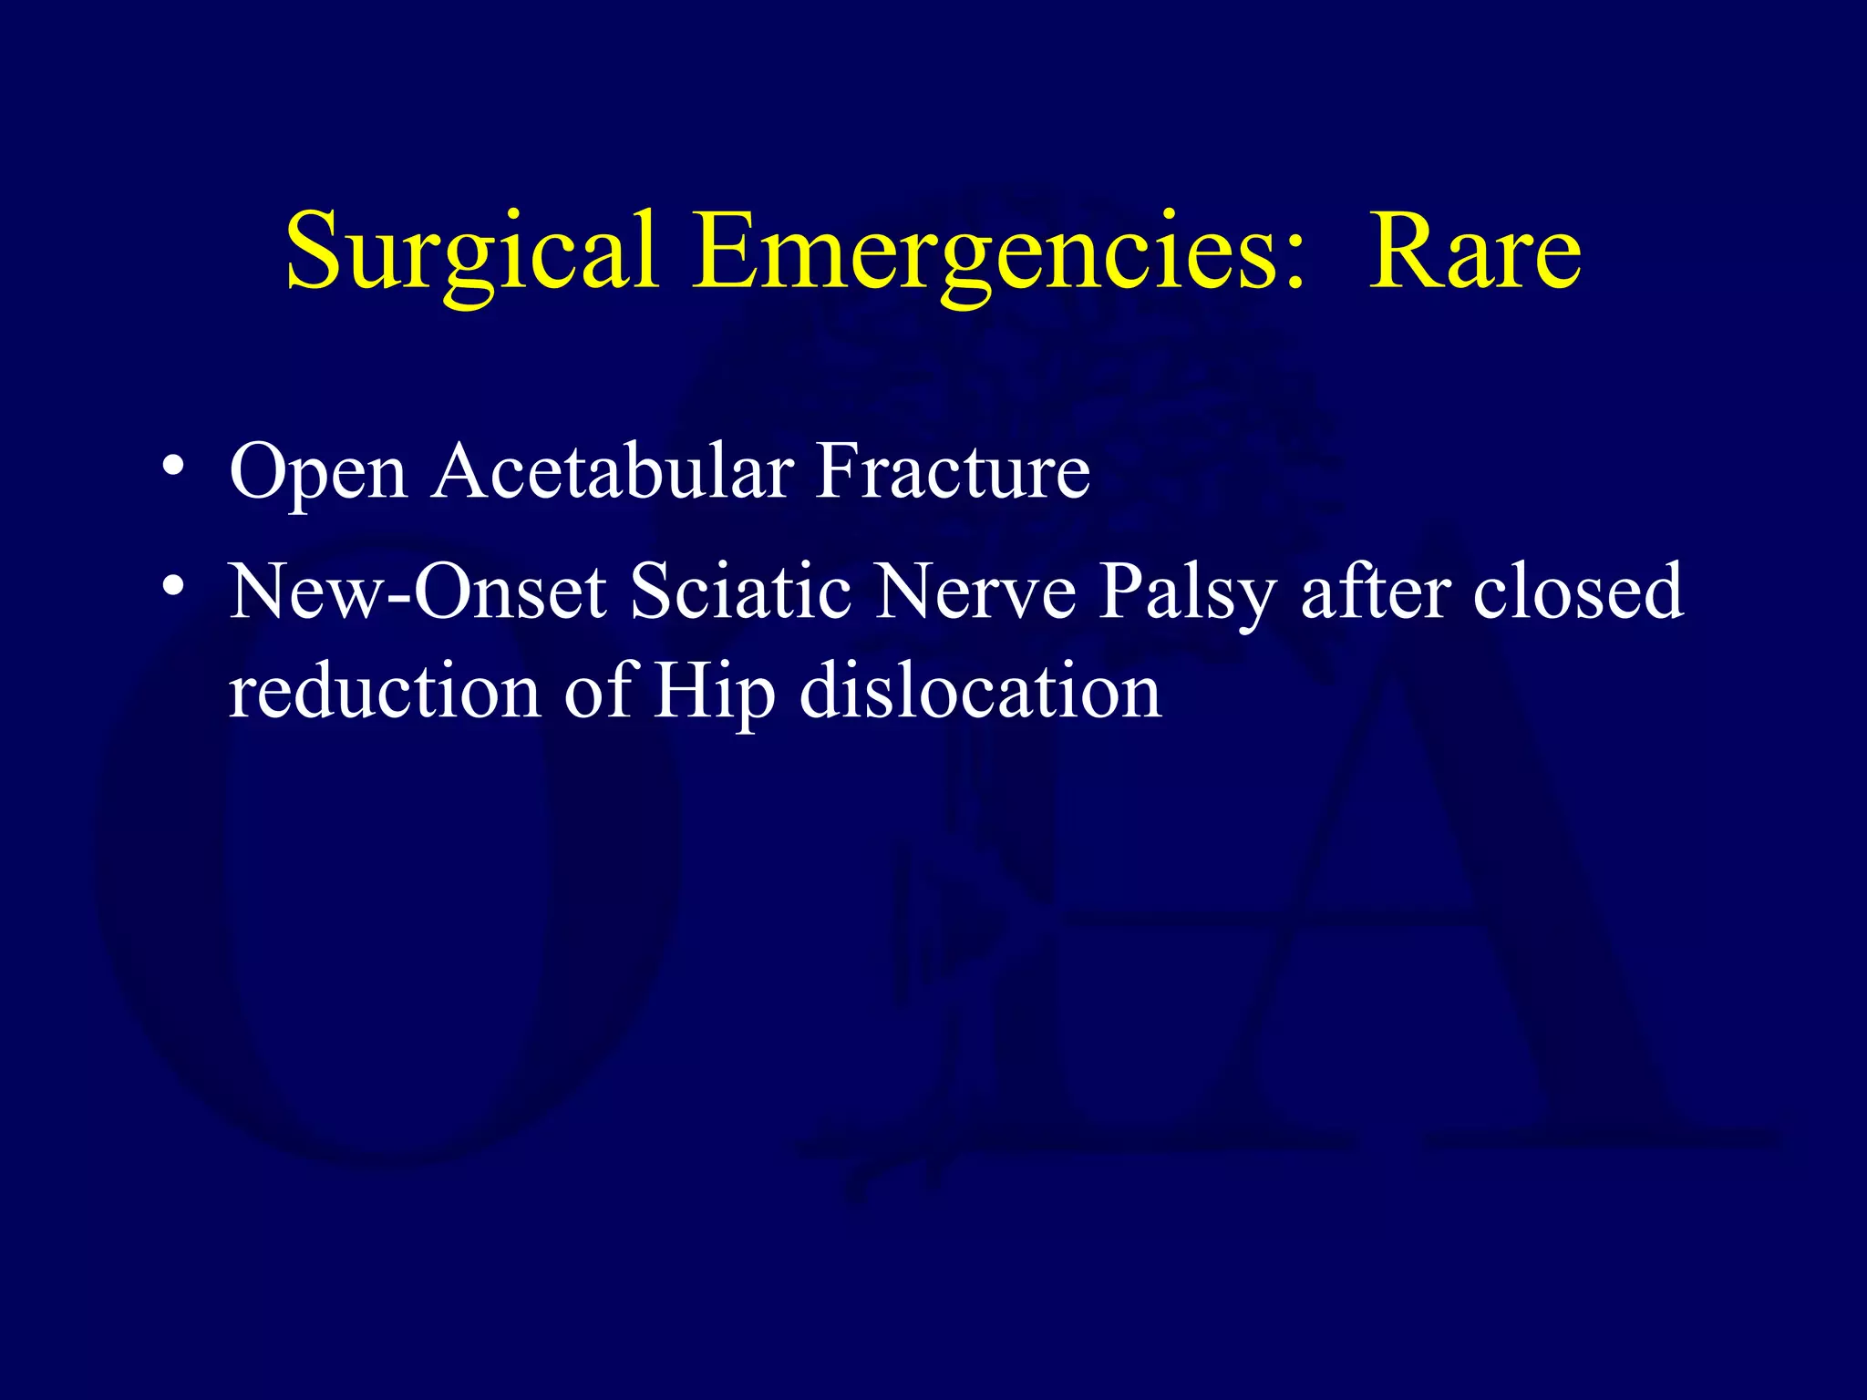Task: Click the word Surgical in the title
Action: pyautogui.click(x=471, y=251)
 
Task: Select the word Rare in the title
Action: pyautogui.click(x=1474, y=251)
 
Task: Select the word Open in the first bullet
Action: pyautogui.click(x=318, y=472)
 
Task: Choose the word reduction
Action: pyautogui.click(x=384, y=691)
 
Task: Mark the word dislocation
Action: pyautogui.click(x=980, y=691)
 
